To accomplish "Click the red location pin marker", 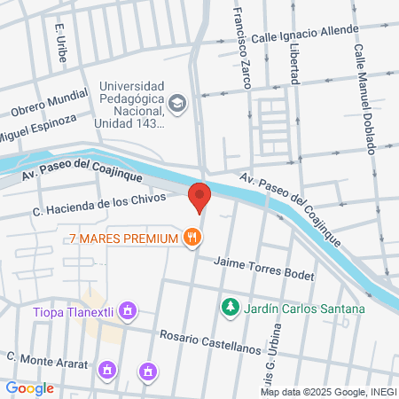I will tap(200, 197).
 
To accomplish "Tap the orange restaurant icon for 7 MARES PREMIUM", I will tap(192, 237).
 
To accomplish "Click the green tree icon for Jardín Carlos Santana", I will tap(230, 308).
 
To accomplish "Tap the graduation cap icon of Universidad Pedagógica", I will tap(178, 104).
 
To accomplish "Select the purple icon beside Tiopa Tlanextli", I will tap(129, 310).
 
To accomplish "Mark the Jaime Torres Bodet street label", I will tap(265, 268).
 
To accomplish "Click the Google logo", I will tap(30, 387).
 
